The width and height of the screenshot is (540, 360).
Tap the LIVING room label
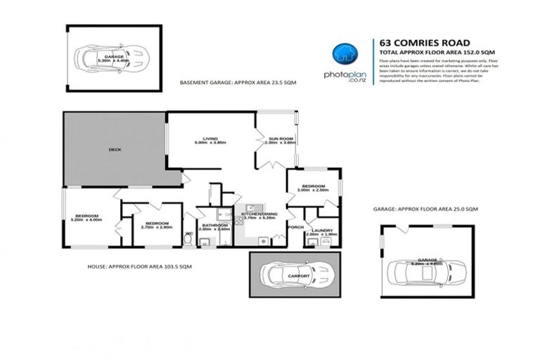coord(210,140)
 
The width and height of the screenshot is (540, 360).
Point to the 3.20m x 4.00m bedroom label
coord(87,218)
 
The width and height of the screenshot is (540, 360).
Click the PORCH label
coord(295,226)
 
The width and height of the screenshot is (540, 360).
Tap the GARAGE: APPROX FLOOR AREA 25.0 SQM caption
coord(425,210)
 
